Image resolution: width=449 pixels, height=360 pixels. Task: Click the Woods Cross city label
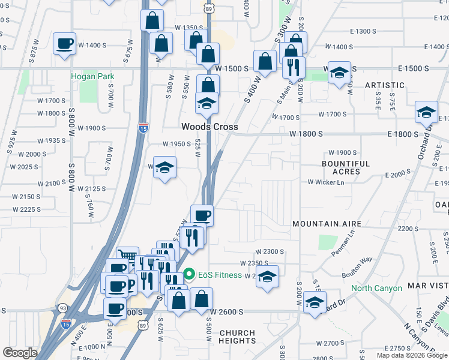pyautogui.click(x=210, y=127)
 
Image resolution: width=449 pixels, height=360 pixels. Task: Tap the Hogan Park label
pyautogui.click(x=92, y=76)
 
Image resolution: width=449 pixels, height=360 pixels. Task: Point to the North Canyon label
pyautogui.click(x=376, y=288)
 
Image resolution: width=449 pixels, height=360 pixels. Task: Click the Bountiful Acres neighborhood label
pyautogui.click(x=346, y=167)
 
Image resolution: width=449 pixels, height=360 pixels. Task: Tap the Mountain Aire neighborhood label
pyautogui.click(x=327, y=224)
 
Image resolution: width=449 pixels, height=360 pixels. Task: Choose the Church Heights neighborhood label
pyautogui.click(x=238, y=337)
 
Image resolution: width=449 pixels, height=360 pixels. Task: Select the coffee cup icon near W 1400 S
pyautogui.click(x=65, y=43)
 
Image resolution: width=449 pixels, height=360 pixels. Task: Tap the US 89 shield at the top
pyautogui.click(x=208, y=8)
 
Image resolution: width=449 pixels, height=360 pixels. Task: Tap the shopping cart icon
pyautogui.click(x=127, y=257)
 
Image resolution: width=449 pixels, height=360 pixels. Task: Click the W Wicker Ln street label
pyautogui.click(x=327, y=182)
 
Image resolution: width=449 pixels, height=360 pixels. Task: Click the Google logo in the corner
pyautogui.click(x=20, y=353)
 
